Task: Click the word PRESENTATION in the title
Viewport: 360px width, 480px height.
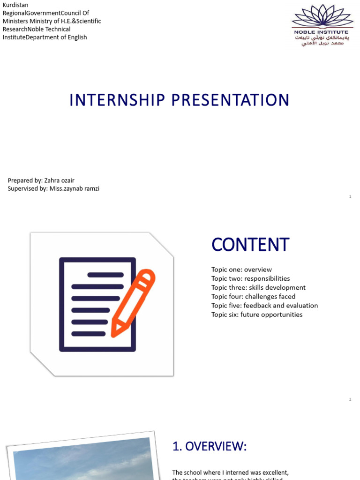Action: (x=229, y=100)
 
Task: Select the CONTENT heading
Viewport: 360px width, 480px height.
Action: (x=250, y=245)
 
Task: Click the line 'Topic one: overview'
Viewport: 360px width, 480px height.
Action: (x=241, y=270)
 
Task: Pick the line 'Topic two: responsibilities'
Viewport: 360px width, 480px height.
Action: (x=250, y=278)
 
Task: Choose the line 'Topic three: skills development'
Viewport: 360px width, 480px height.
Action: (x=258, y=287)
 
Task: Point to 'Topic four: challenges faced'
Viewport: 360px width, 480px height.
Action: (x=253, y=296)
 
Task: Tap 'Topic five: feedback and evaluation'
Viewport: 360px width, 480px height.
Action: (x=264, y=305)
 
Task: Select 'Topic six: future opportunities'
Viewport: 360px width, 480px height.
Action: (x=257, y=315)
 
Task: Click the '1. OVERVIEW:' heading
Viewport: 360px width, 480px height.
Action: (x=209, y=447)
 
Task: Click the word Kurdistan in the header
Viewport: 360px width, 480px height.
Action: (x=15, y=5)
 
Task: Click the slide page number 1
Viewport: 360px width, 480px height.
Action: (x=350, y=197)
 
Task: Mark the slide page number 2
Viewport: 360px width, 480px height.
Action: (x=350, y=399)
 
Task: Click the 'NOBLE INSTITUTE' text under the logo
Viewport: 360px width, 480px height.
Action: (x=321, y=32)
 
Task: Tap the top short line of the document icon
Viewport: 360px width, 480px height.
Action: (x=105, y=275)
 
